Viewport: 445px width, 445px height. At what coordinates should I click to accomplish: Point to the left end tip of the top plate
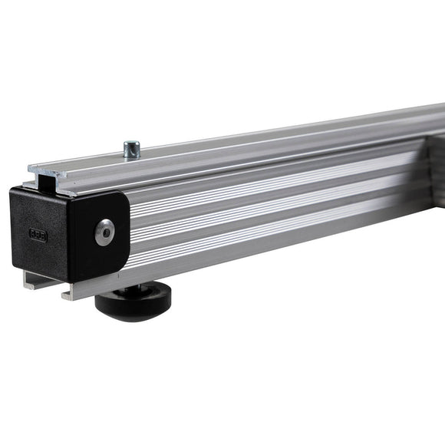pos(31,167)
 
